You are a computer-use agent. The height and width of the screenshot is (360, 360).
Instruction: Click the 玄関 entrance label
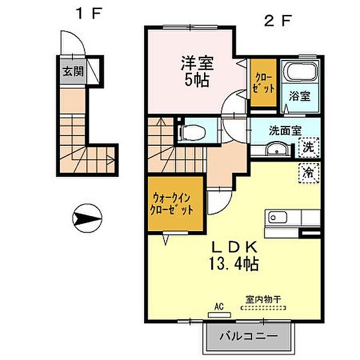[x=73, y=71]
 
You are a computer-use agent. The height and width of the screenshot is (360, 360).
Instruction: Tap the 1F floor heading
[x=88, y=14]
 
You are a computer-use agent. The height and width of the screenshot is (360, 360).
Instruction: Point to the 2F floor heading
[x=278, y=20]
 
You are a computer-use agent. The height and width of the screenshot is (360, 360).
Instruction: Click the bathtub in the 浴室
[x=299, y=71]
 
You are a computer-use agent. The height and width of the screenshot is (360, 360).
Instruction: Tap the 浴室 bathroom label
[x=299, y=96]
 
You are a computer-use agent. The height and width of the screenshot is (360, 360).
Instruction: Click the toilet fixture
[x=192, y=132]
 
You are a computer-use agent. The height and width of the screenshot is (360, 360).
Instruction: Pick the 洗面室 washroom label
[x=285, y=130]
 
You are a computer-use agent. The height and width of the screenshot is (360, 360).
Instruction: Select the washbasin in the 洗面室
[x=277, y=149]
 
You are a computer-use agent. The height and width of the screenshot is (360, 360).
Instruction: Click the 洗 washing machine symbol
[x=308, y=148]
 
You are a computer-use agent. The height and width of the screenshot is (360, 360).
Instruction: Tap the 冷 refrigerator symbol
[x=308, y=173]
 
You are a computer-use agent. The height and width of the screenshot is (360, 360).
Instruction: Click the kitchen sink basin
[x=278, y=217]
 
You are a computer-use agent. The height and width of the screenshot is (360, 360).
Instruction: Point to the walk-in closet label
[x=172, y=204]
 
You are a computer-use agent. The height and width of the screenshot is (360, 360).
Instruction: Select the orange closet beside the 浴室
[x=263, y=83]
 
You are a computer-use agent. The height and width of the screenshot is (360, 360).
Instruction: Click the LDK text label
[x=234, y=247]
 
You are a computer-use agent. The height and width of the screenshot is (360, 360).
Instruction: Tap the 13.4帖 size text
[x=234, y=264]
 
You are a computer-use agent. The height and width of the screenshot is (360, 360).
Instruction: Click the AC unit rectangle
[x=219, y=315]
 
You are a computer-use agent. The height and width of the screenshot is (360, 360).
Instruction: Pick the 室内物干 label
[x=263, y=299]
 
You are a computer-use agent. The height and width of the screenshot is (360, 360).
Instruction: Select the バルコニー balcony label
[x=248, y=336]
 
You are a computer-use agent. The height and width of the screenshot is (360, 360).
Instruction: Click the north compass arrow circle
[x=87, y=218]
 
